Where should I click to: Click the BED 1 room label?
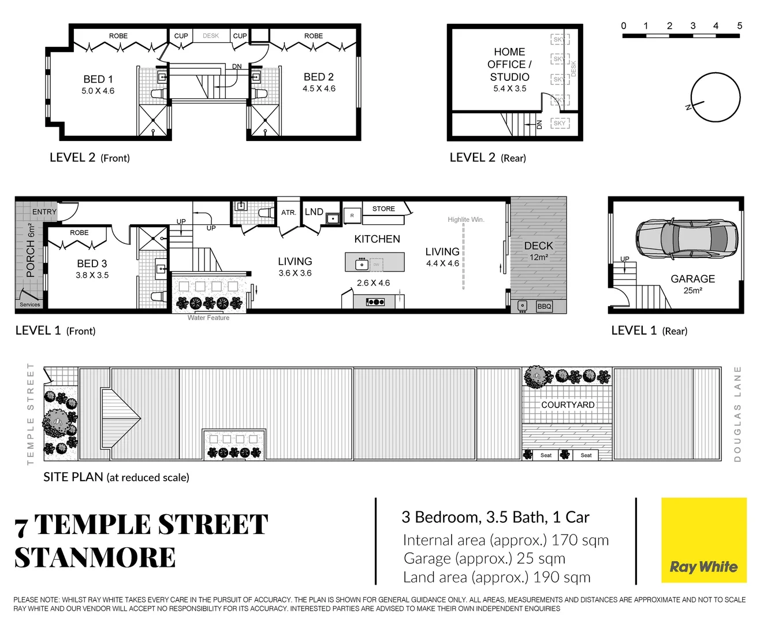click(x=98, y=79)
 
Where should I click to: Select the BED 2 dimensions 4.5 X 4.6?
click(x=319, y=89)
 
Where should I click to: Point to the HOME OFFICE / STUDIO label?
click(x=509, y=64)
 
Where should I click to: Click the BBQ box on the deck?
click(x=544, y=306)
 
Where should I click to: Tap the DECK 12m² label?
click(x=538, y=251)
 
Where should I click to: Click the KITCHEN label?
click(x=377, y=239)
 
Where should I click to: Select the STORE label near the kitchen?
click(x=383, y=209)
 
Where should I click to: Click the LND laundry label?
click(x=314, y=212)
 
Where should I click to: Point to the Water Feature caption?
click(x=208, y=318)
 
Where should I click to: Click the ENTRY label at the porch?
click(x=44, y=212)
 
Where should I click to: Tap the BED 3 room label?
click(x=92, y=263)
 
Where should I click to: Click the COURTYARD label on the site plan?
click(x=567, y=405)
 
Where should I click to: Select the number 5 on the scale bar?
click(x=739, y=25)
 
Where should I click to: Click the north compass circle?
click(x=716, y=98)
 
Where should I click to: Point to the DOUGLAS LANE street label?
click(x=737, y=414)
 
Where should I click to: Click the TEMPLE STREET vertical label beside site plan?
click(x=31, y=414)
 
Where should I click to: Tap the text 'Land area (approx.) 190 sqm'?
click(x=497, y=577)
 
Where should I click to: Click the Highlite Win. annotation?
click(x=465, y=220)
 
